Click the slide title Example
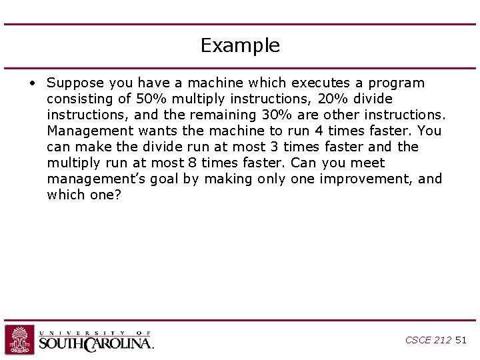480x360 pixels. (240, 45)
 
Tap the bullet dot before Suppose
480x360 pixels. (31, 83)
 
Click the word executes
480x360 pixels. (278, 83)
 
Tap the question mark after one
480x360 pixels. (117, 195)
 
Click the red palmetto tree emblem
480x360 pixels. (20, 339)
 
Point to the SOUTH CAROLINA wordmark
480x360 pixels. (96, 343)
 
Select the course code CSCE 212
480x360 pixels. (428, 340)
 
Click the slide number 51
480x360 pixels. (461, 340)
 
